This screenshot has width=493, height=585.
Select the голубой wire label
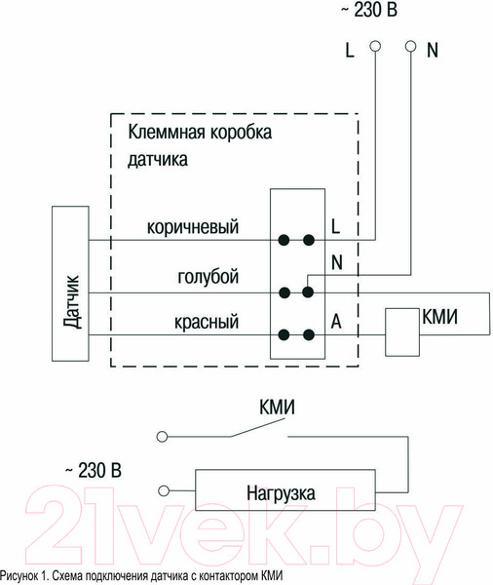pyautogui.click(x=208, y=277)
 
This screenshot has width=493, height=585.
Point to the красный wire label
pyautogui.click(x=207, y=321)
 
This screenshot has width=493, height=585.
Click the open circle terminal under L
pyautogui.click(x=374, y=46)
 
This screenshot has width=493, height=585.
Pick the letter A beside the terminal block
pyautogui.click(x=335, y=320)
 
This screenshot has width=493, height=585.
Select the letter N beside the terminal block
pyautogui.click(x=336, y=261)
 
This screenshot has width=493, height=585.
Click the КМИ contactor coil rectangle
pyautogui.click(x=401, y=331)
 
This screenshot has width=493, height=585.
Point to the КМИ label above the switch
pyautogui.click(x=278, y=409)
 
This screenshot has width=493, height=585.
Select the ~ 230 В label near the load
pyautogui.click(x=92, y=472)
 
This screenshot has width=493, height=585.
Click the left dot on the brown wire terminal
pyautogui.click(x=285, y=238)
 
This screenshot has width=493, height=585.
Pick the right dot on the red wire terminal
pyautogui.click(x=309, y=335)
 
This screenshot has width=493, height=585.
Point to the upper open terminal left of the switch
pyautogui.click(x=163, y=437)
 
